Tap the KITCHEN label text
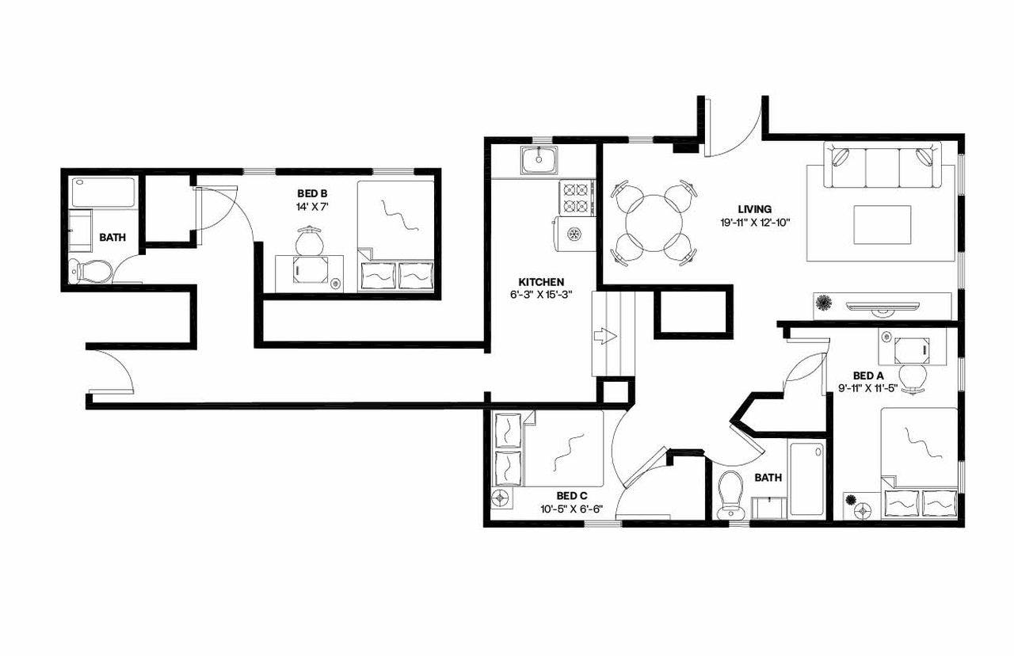coord(541,282)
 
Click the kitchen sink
coord(539,160)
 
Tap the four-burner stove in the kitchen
coord(577,198)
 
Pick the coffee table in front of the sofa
coord(882,225)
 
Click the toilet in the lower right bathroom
coord(730,496)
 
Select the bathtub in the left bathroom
coord(103,193)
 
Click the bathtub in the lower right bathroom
coord(808,479)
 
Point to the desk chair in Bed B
coord(309,239)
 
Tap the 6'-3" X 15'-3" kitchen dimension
coord(541,295)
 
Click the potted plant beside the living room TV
coord(825,303)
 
